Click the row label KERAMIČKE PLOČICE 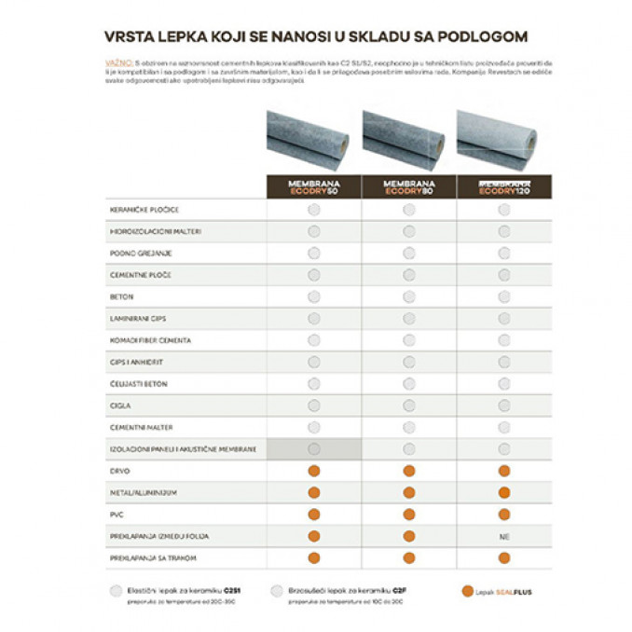[x=144, y=210]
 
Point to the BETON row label [x=122, y=296]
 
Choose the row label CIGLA [x=121, y=405]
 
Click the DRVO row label [x=120, y=471]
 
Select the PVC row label [x=117, y=514]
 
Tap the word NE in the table [x=504, y=536]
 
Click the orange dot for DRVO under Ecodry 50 [x=313, y=471]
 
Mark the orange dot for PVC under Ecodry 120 [x=504, y=514]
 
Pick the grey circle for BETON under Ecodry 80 [x=408, y=296]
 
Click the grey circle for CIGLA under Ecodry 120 [x=504, y=405]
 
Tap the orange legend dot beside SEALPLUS [x=467, y=590]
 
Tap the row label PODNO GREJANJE [x=141, y=253]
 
